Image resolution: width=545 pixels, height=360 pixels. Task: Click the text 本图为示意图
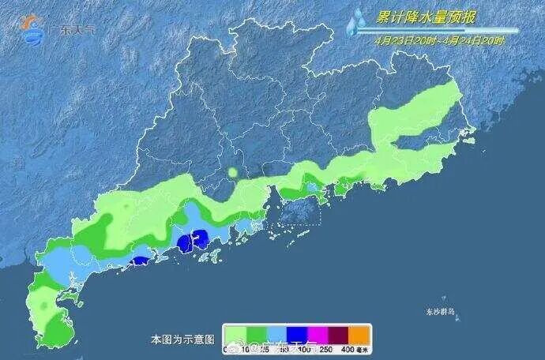pos(182,339)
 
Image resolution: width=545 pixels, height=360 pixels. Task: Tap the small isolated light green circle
pos(233,171)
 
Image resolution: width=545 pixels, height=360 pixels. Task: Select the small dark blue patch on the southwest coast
pos(140,259)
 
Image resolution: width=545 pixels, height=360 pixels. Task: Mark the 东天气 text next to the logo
pos(74,31)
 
